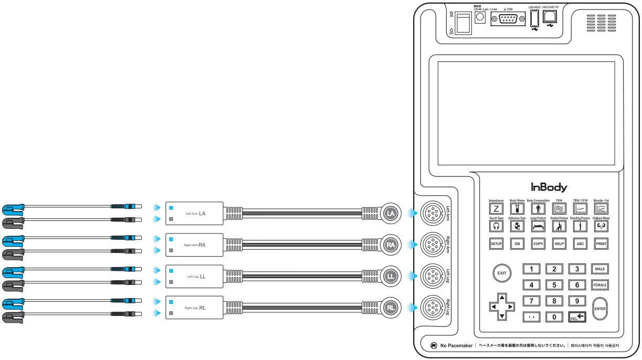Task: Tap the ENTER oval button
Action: coord(599,309)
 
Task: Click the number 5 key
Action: coord(554,285)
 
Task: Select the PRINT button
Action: coord(601,244)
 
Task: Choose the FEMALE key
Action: coord(599,285)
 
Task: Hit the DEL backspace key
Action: coord(577,317)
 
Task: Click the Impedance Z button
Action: coord(496,208)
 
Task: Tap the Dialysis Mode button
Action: coord(601,226)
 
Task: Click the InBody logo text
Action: coord(549,187)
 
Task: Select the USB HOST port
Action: coord(534,19)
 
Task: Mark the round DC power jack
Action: coord(480,17)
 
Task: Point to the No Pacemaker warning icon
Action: coord(434,346)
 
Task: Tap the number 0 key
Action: coord(554,317)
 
